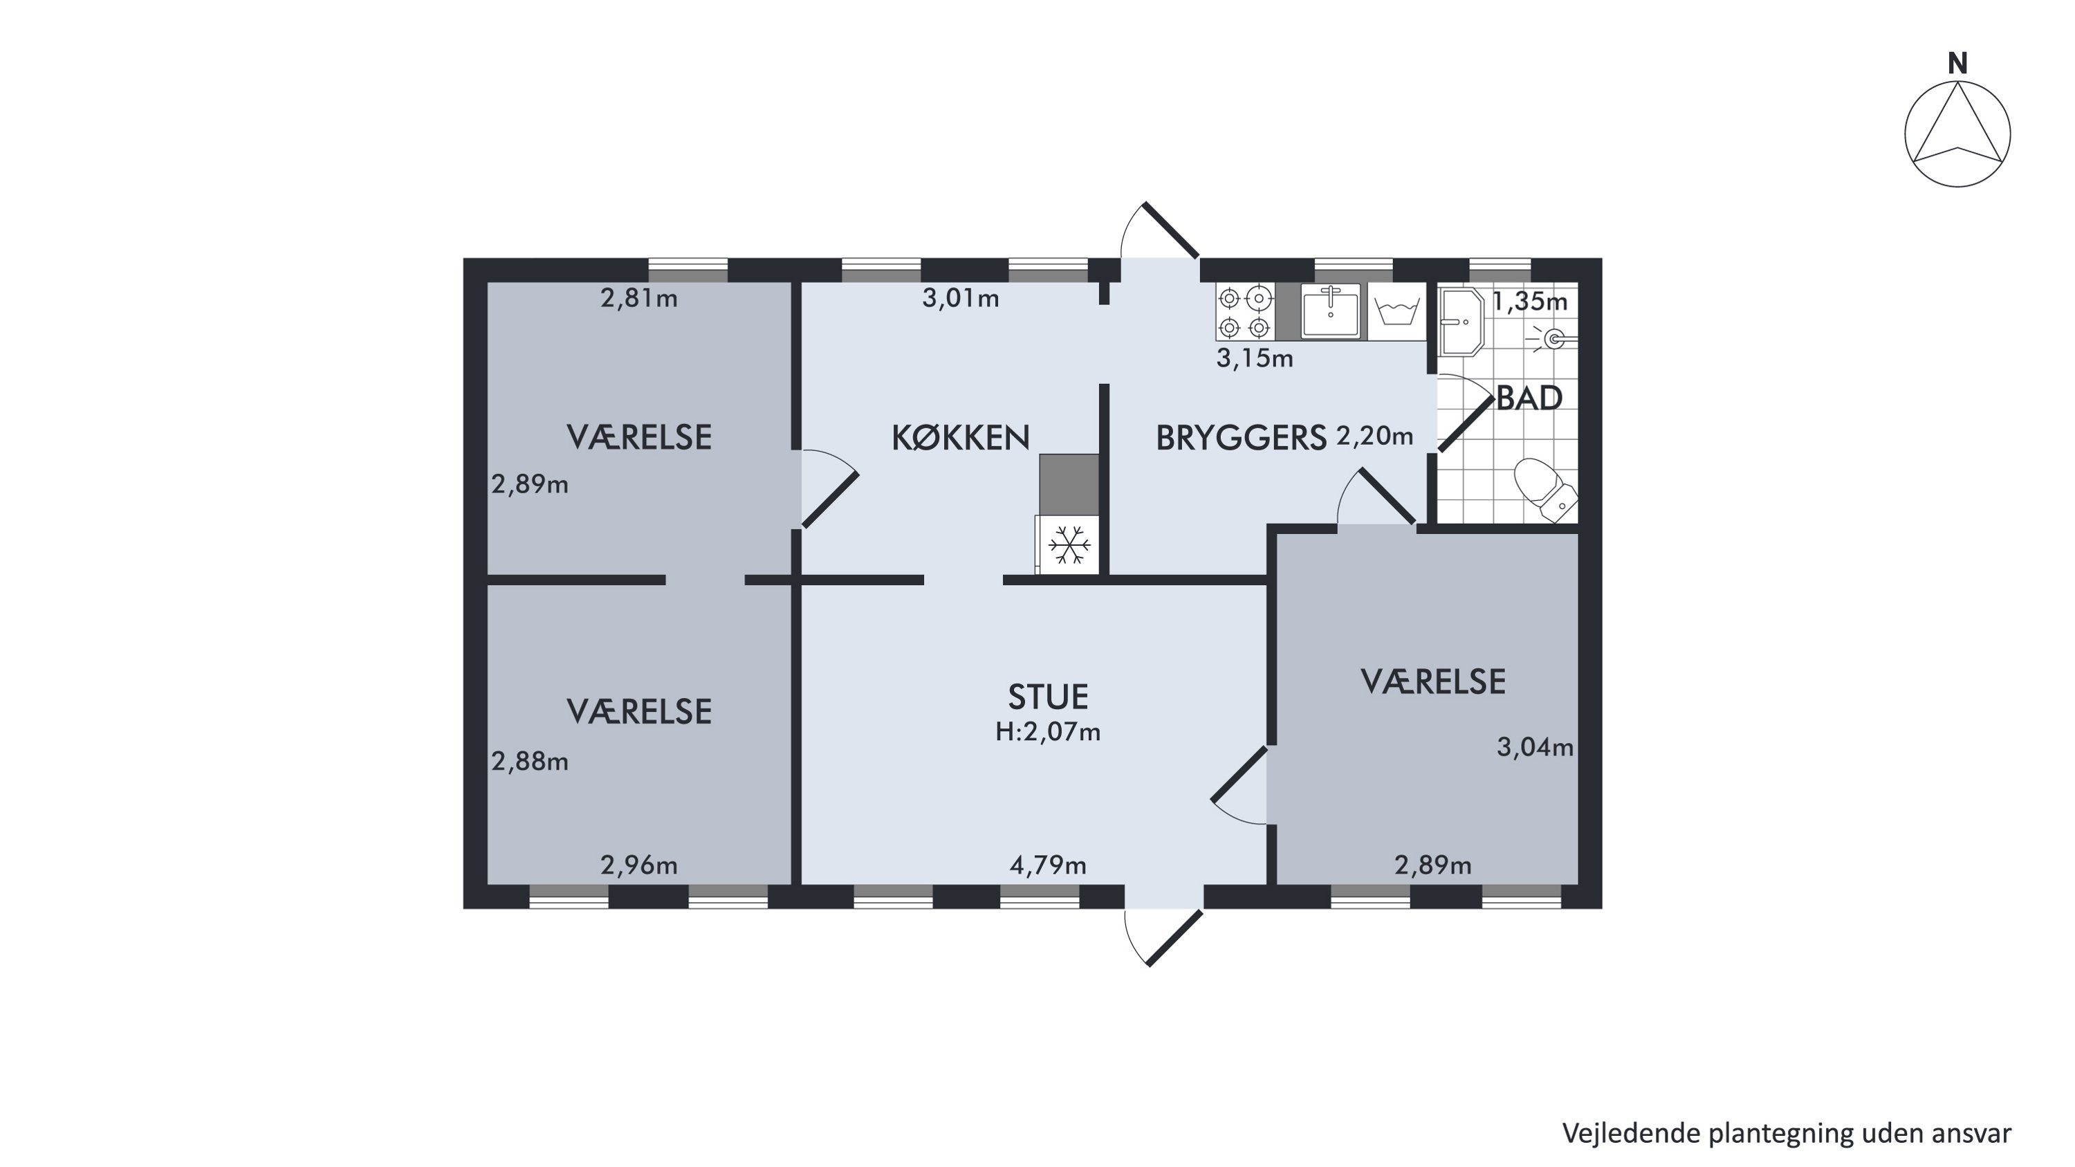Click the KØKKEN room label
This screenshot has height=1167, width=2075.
[x=960, y=437]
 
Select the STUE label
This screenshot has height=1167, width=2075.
[x=1048, y=697]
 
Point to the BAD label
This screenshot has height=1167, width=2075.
[x=1529, y=398]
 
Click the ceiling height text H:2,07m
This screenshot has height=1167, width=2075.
[x=1048, y=732]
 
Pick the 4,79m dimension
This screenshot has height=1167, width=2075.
[x=1048, y=866]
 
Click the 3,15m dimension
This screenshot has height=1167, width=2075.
[x=1255, y=358]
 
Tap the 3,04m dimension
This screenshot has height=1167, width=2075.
[x=1535, y=747]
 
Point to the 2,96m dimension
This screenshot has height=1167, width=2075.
[x=639, y=866]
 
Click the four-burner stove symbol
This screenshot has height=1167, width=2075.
[x=1244, y=312]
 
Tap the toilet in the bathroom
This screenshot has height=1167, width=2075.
[x=1545, y=488]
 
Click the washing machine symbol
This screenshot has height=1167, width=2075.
[x=1396, y=312]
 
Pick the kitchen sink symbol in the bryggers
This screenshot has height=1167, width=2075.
[x=1331, y=311]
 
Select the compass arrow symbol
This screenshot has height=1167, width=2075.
[x=1957, y=134]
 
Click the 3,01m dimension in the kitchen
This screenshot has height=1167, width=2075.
[x=960, y=299]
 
